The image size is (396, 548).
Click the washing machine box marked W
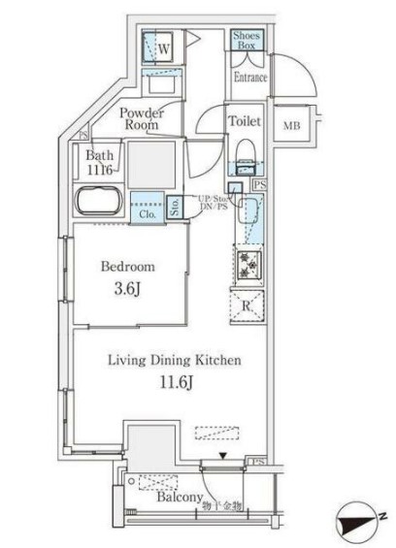165,46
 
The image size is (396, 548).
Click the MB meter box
291,125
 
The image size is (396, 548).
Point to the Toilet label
244,121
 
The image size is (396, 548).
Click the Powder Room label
142,119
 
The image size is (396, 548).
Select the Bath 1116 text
100,162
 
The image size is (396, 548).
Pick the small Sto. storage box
175,205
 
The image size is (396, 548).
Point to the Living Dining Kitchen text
173,360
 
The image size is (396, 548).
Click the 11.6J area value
173,382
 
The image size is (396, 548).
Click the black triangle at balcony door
222,454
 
